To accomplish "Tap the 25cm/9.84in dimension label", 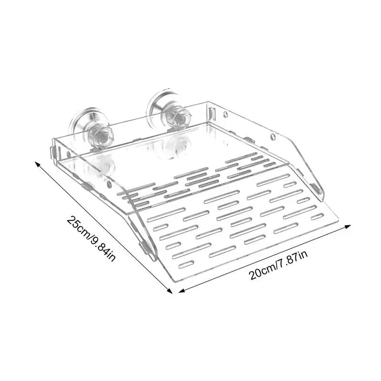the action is click(x=91, y=239).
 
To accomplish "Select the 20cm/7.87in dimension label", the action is click(x=279, y=265).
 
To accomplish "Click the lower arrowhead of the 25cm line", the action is click(x=170, y=291).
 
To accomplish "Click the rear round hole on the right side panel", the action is click(x=226, y=114).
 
